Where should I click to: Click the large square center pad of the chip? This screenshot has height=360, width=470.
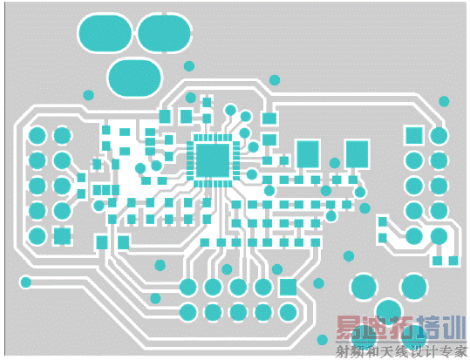click(213, 160)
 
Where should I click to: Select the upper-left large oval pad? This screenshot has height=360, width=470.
click(105, 33)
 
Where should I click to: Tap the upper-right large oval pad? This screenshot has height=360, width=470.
click(164, 33)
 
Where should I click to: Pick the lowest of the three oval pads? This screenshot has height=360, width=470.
click(134, 78)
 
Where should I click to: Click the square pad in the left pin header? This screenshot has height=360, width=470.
click(63, 236)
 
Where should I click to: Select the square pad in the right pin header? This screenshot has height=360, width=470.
click(414, 135)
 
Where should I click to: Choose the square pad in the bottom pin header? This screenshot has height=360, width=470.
click(288, 287)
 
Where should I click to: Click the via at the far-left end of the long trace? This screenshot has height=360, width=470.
click(25, 282)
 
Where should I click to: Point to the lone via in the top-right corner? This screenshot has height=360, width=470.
click(444, 101)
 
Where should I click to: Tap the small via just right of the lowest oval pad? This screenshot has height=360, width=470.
click(189, 66)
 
